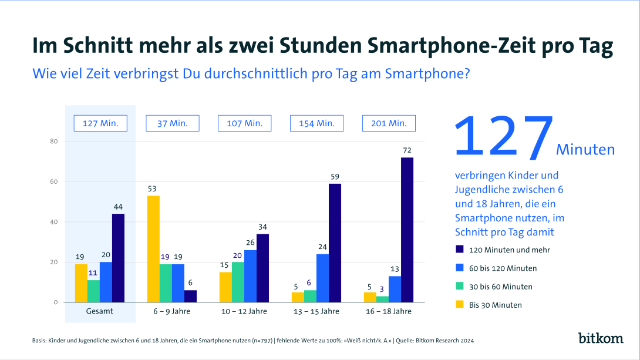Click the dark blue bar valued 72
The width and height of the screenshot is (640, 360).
(x=407, y=230)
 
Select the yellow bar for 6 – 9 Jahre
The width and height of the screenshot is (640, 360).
(x=153, y=249)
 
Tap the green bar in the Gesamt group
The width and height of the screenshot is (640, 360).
(x=93, y=291)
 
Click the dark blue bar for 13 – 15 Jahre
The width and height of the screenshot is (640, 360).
(x=335, y=243)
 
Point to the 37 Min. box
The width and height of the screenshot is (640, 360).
(x=172, y=123)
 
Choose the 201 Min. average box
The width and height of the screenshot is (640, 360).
(x=389, y=123)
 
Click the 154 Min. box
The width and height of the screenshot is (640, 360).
(x=316, y=123)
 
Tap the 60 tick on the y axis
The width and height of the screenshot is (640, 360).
(x=53, y=181)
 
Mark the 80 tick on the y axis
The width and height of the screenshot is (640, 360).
(x=53, y=141)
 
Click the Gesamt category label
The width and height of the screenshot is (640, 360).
(x=100, y=311)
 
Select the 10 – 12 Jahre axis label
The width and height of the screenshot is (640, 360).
(x=244, y=311)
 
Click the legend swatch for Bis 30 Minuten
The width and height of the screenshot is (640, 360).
(x=460, y=305)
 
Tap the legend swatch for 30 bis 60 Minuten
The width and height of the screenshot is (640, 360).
(x=460, y=287)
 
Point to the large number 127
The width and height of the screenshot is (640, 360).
(x=504, y=138)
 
